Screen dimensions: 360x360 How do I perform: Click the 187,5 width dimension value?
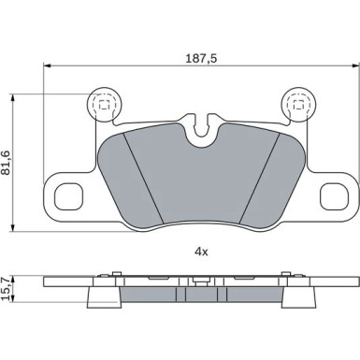click(201, 58)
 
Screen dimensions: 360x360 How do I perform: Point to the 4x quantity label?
click(201, 252)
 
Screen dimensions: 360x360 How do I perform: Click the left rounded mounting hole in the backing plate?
click(68, 197)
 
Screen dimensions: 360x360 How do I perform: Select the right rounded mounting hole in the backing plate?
click(334, 197)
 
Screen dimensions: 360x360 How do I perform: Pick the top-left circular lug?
click(104, 105)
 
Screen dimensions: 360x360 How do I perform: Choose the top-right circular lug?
click(298, 105)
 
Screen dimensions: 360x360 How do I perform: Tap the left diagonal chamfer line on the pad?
click(143, 178)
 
